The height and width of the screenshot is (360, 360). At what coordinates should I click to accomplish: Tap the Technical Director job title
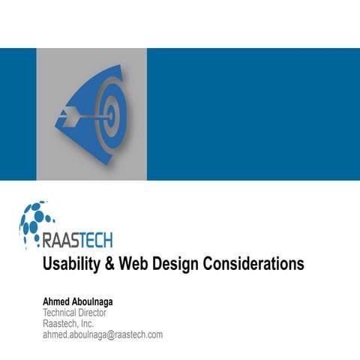tap(74, 313)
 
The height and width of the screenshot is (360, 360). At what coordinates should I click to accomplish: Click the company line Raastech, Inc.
tap(68, 323)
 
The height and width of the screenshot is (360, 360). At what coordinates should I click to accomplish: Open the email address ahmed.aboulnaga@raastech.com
tap(102, 334)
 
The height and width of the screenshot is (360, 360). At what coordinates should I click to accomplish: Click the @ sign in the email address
tap(111, 334)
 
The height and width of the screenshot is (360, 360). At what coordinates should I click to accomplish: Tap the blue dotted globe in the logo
tap(34, 220)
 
